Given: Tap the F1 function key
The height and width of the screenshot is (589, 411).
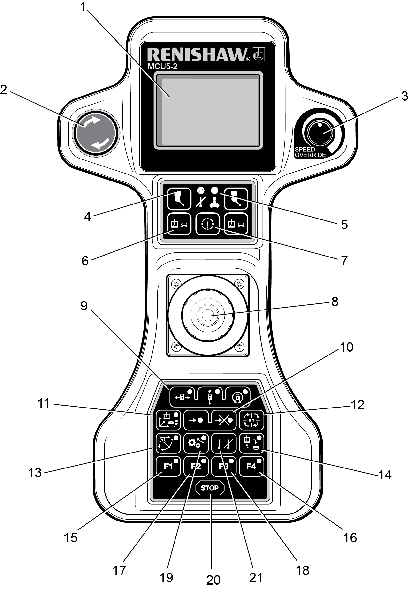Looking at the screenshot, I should tap(168, 466).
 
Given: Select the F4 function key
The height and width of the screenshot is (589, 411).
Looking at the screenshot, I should tap(251, 466).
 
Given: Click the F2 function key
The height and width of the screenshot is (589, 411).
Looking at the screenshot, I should tap(196, 466).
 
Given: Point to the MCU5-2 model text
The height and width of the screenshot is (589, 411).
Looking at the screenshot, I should tap(162, 67).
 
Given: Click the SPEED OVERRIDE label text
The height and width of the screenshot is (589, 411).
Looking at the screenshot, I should tap(310, 152).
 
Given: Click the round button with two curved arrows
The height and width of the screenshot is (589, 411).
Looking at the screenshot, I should tap(96, 133).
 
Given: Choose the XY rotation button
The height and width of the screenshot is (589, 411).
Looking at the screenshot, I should tap(251, 420).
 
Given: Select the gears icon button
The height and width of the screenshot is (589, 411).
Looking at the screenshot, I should tap(196, 443).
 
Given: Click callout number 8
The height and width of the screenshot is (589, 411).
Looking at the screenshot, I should tap(335, 302).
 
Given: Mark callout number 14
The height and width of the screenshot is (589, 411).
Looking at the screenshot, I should tap(385, 475).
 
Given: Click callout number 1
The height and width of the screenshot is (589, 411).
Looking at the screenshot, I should tap(83, 7).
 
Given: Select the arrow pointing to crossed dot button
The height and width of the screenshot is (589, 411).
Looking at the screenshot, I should tap(223, 420).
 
